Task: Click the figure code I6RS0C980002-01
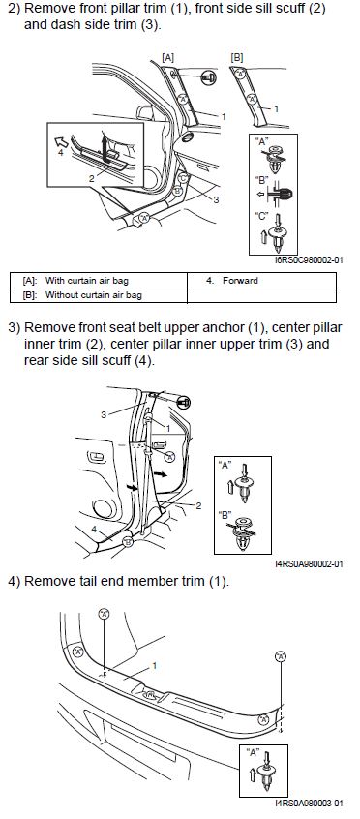click(309, 260)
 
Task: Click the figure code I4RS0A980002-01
click(309, 563)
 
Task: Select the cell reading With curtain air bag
click(94, 281)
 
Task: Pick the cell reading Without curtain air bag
click(94, 295)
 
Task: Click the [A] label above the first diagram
click(168, 58)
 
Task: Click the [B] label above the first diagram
click(237, 58)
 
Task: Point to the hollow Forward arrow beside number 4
click(62, 141)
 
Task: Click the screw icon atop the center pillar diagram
click(184, 402)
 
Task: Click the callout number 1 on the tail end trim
click(155, 666)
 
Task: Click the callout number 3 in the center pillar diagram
click(105, 415)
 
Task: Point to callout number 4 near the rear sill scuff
click(94, 530)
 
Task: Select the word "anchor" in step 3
click(225, 327)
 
